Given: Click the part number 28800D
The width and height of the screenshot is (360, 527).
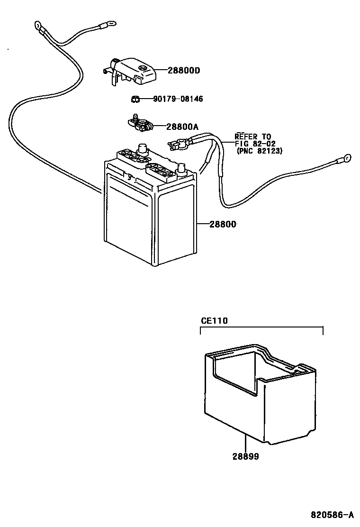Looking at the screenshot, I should tap(184, 71).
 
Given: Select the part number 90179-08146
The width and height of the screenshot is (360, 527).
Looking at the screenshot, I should tap(178, 99).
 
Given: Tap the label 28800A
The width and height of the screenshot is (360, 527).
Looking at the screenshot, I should tap(182, 127).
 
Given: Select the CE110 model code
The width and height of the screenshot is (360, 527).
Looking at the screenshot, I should tap(214, 321).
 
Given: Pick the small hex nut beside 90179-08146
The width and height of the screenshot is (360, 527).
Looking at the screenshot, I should tap(135, 99).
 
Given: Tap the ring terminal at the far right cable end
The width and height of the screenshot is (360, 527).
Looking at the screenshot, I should tap(346, 157).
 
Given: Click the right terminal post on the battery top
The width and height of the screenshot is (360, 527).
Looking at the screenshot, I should tap(180, 169).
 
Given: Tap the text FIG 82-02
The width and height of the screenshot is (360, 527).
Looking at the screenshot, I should tap(254, 144).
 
